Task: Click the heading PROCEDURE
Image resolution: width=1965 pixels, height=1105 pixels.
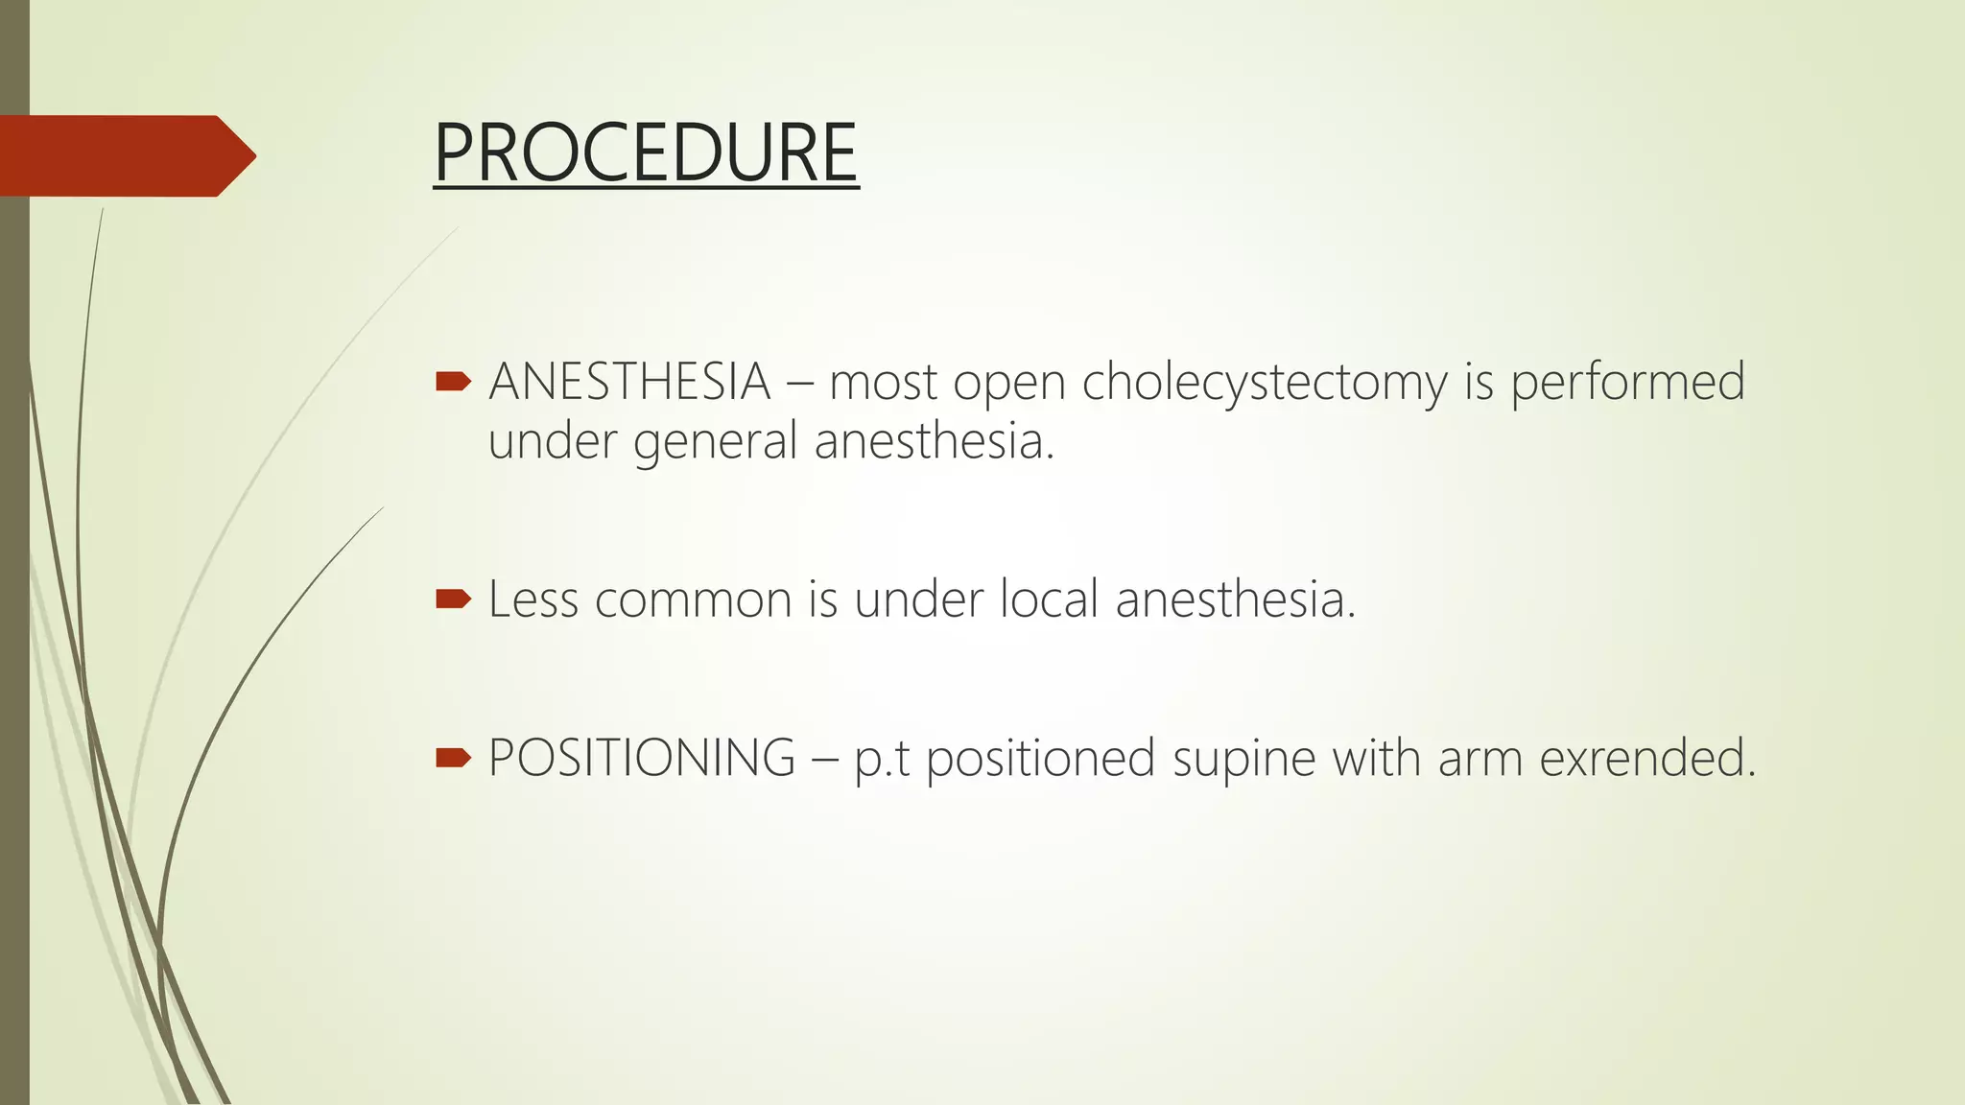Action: tap(646, 153)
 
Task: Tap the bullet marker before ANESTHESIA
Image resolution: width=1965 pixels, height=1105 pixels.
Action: tap(453, 383)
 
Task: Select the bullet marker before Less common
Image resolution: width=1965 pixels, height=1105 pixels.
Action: tap(453, 600)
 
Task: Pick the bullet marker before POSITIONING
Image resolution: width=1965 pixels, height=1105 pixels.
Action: tap(453, 759)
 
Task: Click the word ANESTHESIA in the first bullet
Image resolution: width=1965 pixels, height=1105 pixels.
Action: tap(629, 382)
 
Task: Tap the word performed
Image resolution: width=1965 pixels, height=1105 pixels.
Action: tap(1627, 382)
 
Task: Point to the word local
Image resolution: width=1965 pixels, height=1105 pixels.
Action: tap(1049, 600)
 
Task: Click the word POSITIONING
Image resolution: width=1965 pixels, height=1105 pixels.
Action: tap(642, 758)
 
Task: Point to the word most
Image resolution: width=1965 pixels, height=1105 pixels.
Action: tap(883, 383)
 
